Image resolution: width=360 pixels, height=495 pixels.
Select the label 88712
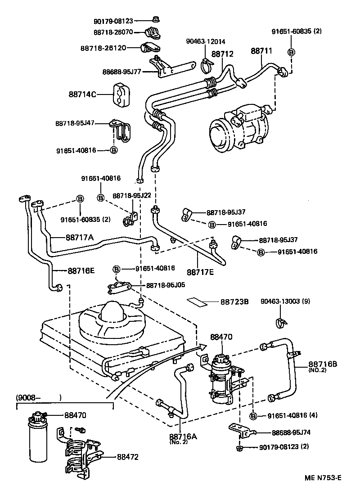click(222, 54)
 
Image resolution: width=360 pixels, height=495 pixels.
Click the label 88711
click(261, 51)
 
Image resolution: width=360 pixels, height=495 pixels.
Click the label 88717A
click(80, 238)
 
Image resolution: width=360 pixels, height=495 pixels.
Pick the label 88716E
click(81, 271)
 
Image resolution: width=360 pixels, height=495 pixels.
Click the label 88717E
click(201, 272)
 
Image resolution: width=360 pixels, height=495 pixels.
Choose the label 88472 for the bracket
click(128, 457)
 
